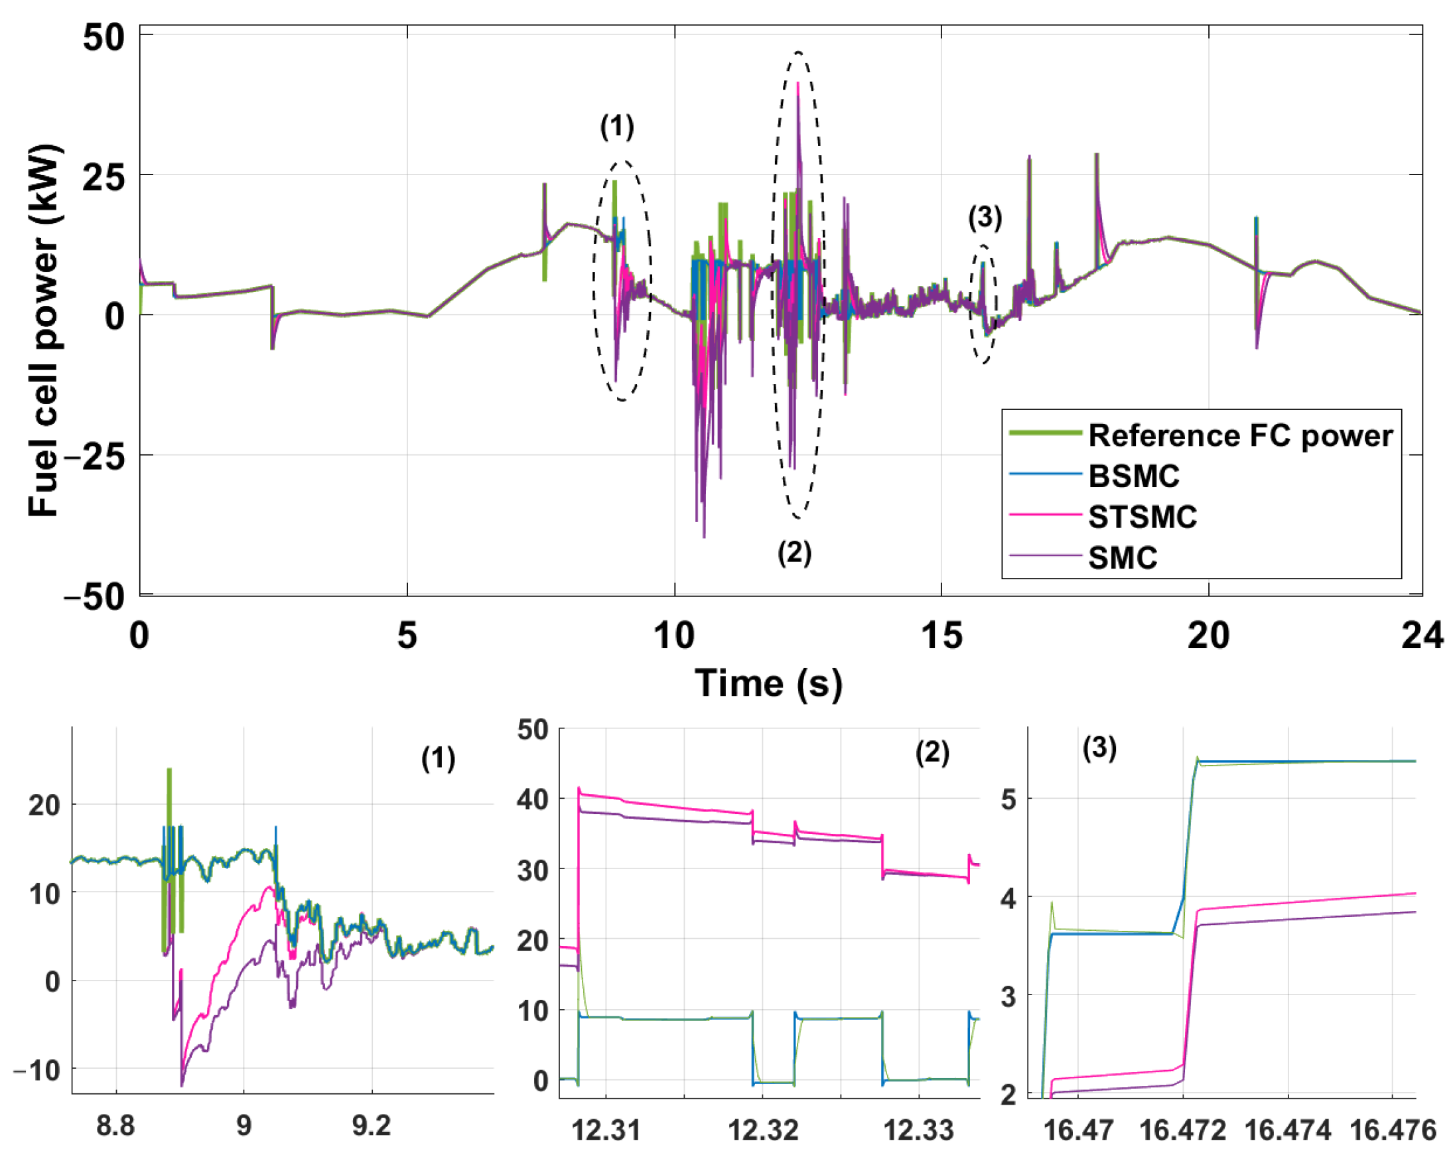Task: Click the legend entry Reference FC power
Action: pyautogui.click(x=1240, y=436)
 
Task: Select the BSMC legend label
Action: pyautogui.click(x=1134, y=476)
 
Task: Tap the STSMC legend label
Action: pyautogui.click(x=1142, y=517)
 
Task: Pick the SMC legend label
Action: pyautogui.click(x=1123, y=557)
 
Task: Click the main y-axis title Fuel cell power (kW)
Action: pyautogui.click(x=44, y=330)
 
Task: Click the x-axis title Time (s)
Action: pyautogui.click(x=768, y=683)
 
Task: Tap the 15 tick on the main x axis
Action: pyautogui.click(x=941, y=636)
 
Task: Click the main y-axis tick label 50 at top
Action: pyautogui.click(x=104, y=37)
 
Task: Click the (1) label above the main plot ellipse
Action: pyautogui.click(x=616, y=126)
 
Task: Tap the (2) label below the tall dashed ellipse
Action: pyautogui.click(x=794, y=553)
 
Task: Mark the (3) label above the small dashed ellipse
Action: pyautogui.click(x=985, y=218)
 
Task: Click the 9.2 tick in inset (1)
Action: pyautogui.click(x=372, y=1126)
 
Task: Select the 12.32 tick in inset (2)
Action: pyautogui.click(x=763, y=1130)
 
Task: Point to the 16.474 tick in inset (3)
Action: pyautogui.click(x=1287, y=1130)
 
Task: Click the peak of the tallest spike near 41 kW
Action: pyautogui.click(x=799, y=83)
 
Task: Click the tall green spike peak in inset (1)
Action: pyautogui.click(x=169, y=770)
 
